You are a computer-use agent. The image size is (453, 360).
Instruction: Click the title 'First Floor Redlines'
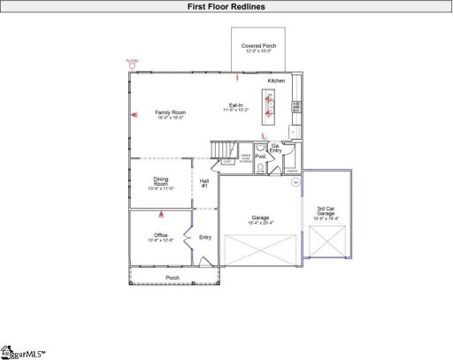tap(226, 6)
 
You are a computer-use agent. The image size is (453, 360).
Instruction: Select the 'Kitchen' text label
tap(277, 80)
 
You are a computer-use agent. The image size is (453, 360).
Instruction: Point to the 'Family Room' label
tap(170, 112)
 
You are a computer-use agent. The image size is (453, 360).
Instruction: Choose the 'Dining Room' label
tap(161, 182)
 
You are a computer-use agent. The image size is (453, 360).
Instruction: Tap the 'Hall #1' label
tap(204, 183)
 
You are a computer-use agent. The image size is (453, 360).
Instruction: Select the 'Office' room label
tap(161, 235)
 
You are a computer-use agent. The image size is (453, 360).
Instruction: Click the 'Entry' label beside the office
tap(205, 237)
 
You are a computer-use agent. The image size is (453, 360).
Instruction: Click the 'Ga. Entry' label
tap(276, 149)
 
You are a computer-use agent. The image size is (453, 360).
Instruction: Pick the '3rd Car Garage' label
tap(326, 211)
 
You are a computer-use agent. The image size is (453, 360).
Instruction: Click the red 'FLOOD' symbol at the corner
tap(132, 64)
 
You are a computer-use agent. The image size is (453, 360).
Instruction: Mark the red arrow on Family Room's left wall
tap(134, 114)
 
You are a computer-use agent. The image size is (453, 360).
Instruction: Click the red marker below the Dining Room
tap(161, 213)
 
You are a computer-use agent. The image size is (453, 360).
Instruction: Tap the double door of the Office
tap(188, 237)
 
